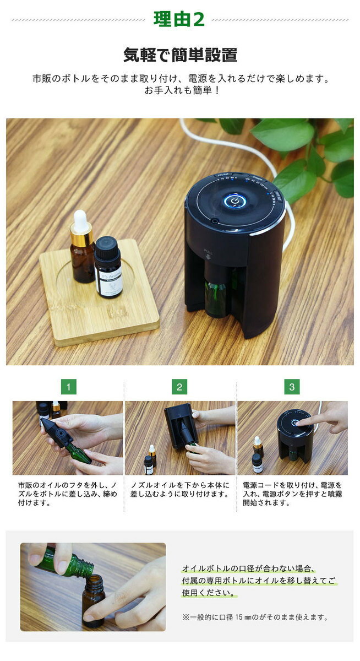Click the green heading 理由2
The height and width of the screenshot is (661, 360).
(179, 19)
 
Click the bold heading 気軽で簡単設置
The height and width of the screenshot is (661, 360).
(180, 55)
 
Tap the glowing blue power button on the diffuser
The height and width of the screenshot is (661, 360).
(234, 201)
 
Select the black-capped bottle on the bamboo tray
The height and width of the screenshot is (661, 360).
(108, 267)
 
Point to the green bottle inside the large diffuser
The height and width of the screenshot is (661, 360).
(215, 298)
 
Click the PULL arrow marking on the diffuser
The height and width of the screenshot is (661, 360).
(209, 254)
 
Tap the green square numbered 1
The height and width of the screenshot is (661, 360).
(68, 387)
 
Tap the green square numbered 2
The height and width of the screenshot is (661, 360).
(179, 387)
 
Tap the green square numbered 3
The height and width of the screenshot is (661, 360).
(292, 387)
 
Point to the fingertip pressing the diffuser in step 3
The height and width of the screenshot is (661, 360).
(299, 424)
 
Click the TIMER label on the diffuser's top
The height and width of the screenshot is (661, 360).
(258, 179)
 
